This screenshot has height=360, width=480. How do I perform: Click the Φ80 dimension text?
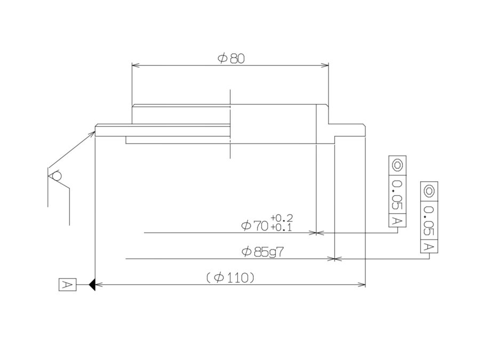(x=231, y=59)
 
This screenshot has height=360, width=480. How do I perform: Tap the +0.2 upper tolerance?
(x=282, y=218)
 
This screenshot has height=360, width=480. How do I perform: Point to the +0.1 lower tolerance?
(x=281, y=227)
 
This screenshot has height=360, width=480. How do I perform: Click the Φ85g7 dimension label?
(x=262, y=252)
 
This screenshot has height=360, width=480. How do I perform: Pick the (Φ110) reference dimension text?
(x=230, y=278)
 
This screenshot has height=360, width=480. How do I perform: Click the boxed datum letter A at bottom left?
(x=67, y=285)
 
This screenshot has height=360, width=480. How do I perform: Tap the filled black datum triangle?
(x=92, y=285)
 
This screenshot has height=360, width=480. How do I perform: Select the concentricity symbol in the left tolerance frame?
(x=397, y=165)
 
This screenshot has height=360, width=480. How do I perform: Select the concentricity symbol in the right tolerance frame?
(x=429, y=191)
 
